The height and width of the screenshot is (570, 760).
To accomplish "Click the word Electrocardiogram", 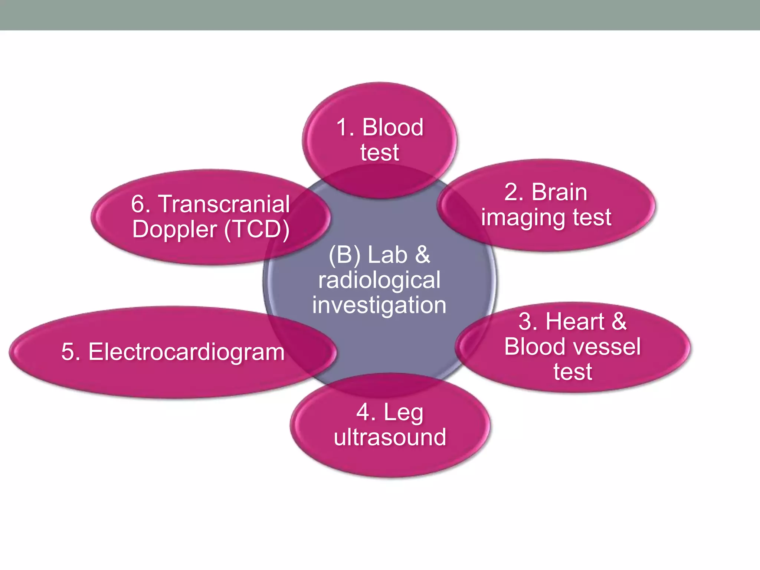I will (x=186, y=352).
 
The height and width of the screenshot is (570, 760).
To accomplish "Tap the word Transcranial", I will (x=224, y=204).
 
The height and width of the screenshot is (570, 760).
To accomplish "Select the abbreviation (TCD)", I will (x=257, y=229).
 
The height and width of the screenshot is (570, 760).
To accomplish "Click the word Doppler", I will (x=174, y=230).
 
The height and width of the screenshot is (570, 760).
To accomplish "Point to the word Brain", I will (x=559, y=192).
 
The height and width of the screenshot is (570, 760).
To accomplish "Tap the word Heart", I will (x=575, y=321).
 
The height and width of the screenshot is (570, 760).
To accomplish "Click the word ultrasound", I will (x=390, y=437).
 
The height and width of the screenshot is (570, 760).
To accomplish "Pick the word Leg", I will (x=403, y=413).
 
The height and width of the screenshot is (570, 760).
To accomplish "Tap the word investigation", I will (x=379, y=306).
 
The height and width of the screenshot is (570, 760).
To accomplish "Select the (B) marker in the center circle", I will (x=345, y=255).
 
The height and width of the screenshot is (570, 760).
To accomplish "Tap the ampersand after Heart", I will (x=619, y=321).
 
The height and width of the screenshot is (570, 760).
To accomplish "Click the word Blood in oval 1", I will (x=393, y=127).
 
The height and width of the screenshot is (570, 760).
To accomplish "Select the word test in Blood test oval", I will (x=379, y=152).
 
